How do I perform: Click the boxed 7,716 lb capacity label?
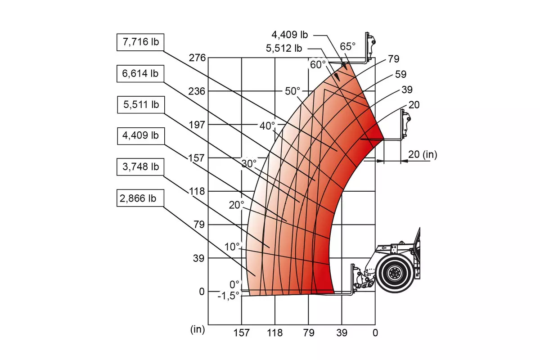click(140, 42)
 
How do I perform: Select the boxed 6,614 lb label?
click(140, 73)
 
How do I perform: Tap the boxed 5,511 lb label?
click(141, 105)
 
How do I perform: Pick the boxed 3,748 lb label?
click(140, 167)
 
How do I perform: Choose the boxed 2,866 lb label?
click(140, 198)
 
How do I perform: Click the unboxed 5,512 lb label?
click(284, 48)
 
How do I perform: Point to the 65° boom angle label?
click(347, 46)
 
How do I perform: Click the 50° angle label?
click(292, 91)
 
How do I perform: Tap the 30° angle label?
click(249, 164)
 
